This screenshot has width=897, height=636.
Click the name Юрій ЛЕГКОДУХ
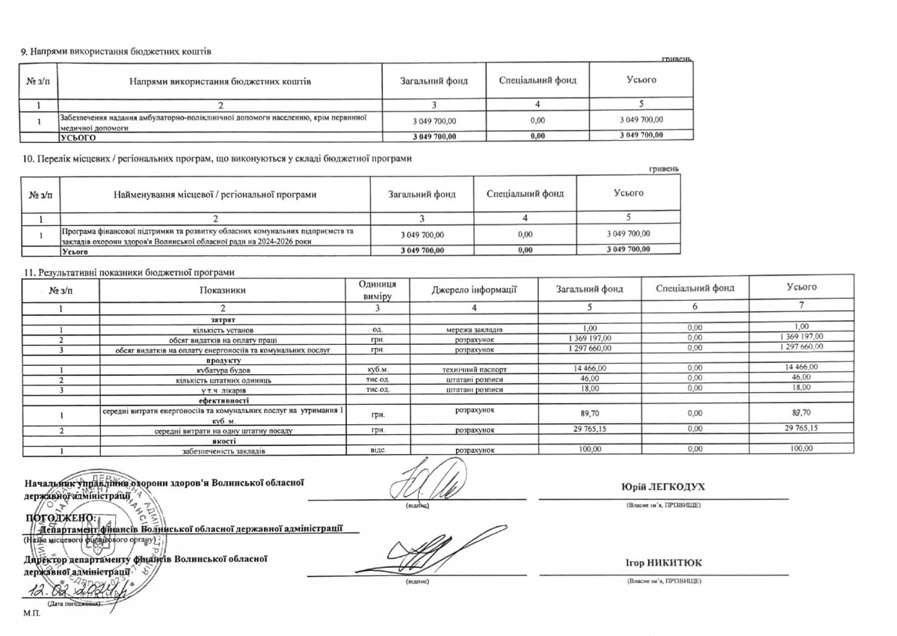(x=663, y=487)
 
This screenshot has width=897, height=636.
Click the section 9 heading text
(x=116, y=51)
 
